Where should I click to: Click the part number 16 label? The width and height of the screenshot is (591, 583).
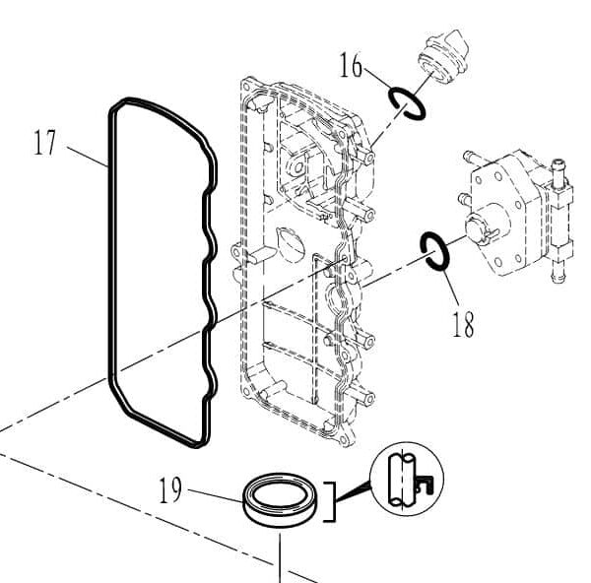click(x=351, y=65)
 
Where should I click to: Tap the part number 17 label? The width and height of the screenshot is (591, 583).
click(x=44, y=142)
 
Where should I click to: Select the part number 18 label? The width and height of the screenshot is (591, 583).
click(x=463, y=324)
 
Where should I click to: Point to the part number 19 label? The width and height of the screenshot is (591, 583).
click(x=170, y=489)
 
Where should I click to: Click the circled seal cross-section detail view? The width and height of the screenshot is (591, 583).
click(x=407, y=479)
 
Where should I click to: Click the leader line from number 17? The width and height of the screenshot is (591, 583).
click(x=88, y=157)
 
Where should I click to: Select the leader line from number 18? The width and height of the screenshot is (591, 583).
click(x=451, y=288)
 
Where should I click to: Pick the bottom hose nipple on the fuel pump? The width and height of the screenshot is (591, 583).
click(x=558, y=272)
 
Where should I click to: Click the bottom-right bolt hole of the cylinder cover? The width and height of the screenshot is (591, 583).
click(x=343, y=439)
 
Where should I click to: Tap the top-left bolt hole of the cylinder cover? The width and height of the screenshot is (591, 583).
click(x=247, y=87)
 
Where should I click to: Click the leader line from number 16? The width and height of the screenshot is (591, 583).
click(x=377, y=79)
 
